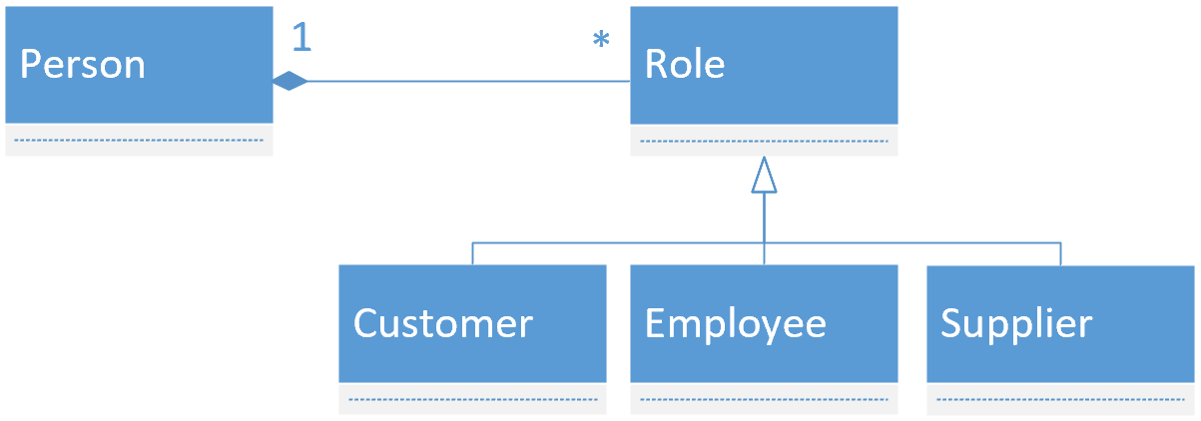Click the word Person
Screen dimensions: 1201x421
(83, 65)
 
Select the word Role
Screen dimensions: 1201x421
(685, 64)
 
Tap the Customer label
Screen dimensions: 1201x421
(443, 323)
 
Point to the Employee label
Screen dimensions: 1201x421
(735, 325)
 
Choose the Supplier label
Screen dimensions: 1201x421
(1016, 324)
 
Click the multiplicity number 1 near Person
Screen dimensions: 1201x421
(301, 37)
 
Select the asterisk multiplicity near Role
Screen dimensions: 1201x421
(601, 39)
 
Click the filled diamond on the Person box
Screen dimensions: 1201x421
(291, 81)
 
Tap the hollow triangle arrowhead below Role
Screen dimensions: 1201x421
(764, 175)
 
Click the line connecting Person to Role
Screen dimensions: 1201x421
(469, 82)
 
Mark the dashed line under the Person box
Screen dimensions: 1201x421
(139, 141)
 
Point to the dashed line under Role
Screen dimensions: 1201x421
(764, 142)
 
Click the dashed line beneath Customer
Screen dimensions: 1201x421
(473, 400)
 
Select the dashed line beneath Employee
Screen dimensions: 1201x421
(764, 400)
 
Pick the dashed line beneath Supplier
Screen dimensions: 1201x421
(1060, 400)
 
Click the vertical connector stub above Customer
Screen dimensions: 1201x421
(472, 253)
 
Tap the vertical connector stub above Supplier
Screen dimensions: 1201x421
(1060, 254)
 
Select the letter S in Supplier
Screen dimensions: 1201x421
(951, 323)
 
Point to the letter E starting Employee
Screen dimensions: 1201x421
(655, 323)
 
